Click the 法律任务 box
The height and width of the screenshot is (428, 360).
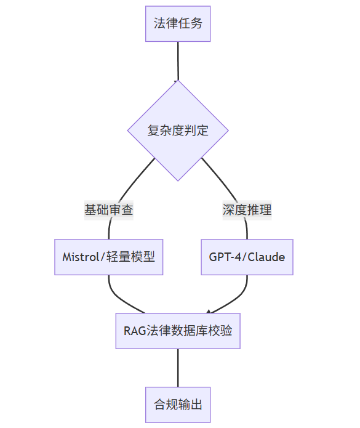pos(178,24)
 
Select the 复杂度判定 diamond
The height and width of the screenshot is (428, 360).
pos(178,131)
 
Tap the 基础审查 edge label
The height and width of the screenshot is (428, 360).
pos(109,210)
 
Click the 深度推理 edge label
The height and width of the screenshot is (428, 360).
pos(247,210)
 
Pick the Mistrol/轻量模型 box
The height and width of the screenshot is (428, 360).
pos(109,257)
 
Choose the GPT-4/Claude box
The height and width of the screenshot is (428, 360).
pos(247,257)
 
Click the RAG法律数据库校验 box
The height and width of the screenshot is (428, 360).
pos(178,331)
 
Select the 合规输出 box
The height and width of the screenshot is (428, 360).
pos(178,405)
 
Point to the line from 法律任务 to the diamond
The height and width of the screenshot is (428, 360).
pos(178,61)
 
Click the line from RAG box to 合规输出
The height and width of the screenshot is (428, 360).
pos(178,368)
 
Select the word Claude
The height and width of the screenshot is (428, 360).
pos(266,257)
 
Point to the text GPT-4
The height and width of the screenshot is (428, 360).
pos(225,257)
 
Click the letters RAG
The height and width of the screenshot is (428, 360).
pos(135,331)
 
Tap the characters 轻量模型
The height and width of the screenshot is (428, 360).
pos(130,257)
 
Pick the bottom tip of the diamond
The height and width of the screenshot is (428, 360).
pos(178,180)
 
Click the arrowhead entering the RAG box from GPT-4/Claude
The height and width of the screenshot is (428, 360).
pos(209,312)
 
